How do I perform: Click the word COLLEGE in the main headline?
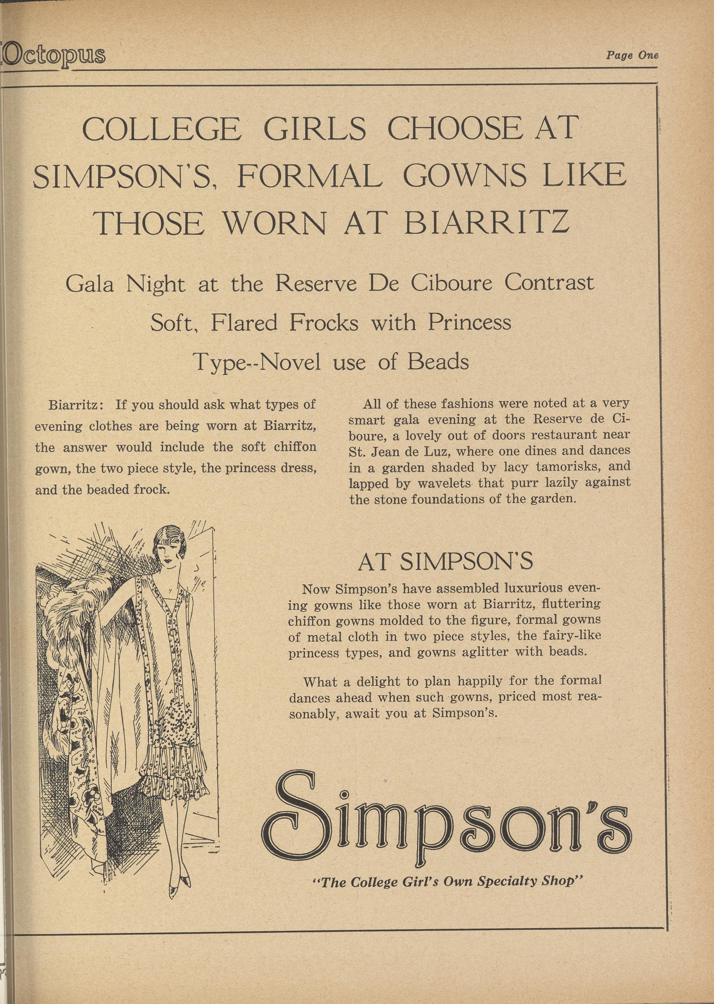click(x=162, y=129)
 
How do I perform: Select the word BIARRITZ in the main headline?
click(x=487, y=222)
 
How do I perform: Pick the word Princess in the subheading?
click(x=470, y=323)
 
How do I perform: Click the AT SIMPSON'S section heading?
click(x=445, y=562)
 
